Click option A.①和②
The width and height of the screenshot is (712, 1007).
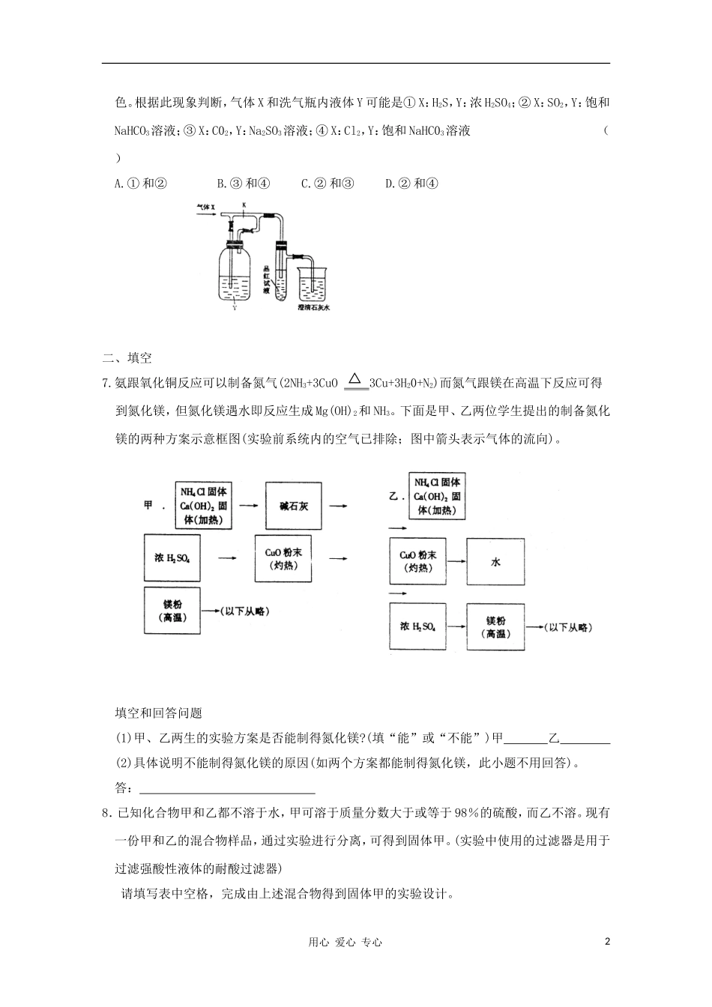click(x=140, y=184)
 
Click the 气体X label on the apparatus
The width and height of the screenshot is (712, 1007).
click(x=205, y=205)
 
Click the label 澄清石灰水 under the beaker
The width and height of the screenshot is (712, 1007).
click(x=313, y=307)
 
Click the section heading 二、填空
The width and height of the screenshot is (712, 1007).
click(x=127, y=358)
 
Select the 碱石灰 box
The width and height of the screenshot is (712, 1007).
click(x=293, y=506)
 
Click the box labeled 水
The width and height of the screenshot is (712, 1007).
click(x=495, y=561)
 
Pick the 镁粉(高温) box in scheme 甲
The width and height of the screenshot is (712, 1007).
click(x=172, y=611)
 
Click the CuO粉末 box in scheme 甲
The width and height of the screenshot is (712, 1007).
click(x=283, y=560)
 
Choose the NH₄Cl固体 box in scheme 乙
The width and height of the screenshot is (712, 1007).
click(x=437, y=495)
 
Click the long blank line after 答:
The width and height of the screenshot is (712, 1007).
click(x=227, y=788)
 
